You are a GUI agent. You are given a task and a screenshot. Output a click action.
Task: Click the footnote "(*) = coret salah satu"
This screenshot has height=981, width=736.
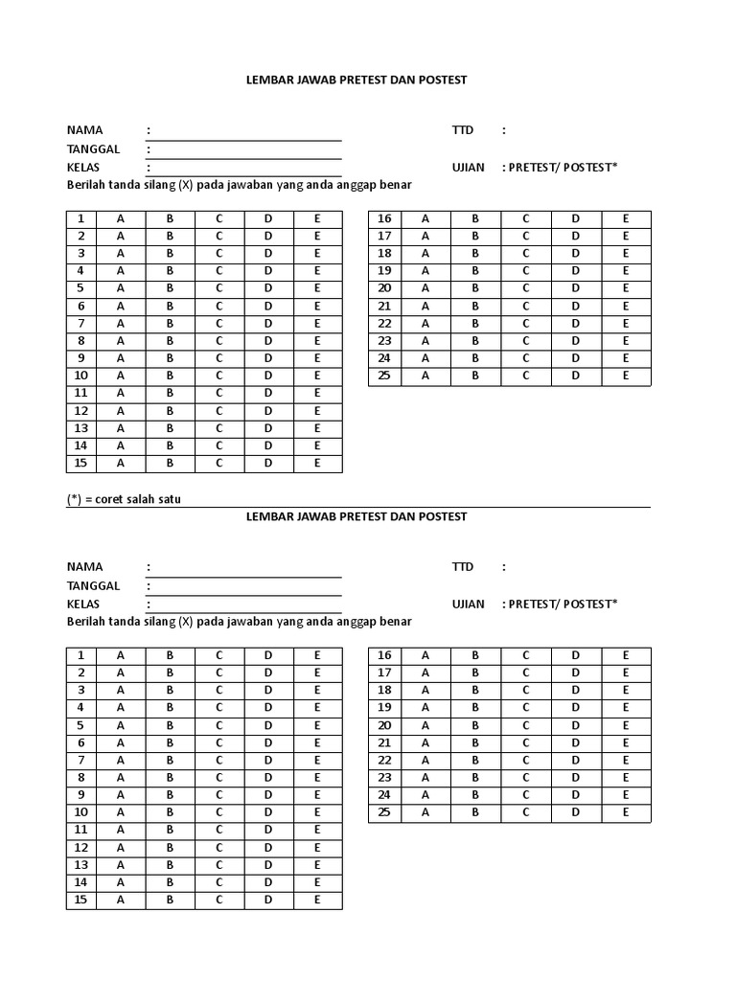point(124,499)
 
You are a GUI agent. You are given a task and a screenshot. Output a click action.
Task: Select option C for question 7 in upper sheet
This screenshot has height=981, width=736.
point(219,324)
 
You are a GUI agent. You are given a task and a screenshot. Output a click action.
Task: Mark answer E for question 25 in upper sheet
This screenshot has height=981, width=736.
point(626,376)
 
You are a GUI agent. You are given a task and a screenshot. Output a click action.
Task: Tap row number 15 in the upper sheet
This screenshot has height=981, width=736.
point(81,463)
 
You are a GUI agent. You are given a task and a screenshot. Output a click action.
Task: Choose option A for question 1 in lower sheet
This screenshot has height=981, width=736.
point(121,655)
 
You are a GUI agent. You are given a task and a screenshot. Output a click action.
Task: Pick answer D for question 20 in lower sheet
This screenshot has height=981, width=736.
point(576,725)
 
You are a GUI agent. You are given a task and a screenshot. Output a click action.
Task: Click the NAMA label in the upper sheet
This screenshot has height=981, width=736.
point(84,130)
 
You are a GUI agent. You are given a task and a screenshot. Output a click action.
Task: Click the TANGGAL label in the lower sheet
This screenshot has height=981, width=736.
point(93,585)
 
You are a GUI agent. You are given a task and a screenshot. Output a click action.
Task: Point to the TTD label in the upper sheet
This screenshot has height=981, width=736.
point(463,130)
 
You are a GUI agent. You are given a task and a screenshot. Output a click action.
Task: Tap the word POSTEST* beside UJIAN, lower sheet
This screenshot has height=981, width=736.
point(590,604)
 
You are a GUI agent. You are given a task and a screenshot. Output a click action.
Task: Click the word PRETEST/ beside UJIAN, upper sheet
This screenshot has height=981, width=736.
point(535,167)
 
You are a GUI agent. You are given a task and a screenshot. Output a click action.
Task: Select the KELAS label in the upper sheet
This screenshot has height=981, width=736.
point(83,167)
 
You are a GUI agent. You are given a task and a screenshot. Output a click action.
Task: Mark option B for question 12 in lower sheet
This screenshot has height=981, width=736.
point(170,848)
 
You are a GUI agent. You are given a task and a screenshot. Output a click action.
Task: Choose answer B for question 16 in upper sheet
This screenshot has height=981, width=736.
point(474,218)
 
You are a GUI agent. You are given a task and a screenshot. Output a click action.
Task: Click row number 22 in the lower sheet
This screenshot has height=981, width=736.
point(384,760)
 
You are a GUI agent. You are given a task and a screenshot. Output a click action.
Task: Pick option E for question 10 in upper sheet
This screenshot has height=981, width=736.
point(317,376)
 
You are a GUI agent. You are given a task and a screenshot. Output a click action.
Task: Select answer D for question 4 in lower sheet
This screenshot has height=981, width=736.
point(269,708)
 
